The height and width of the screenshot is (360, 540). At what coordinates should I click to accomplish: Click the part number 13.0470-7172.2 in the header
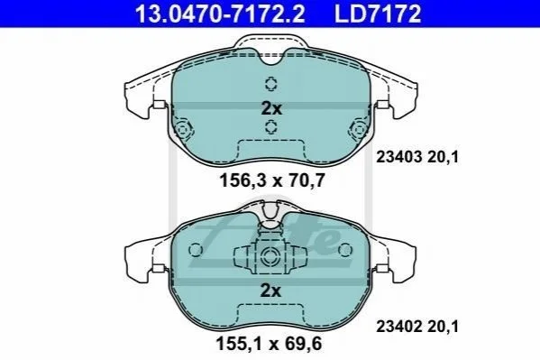point(220,14)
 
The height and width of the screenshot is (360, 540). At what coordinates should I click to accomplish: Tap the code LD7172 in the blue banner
point(378,14)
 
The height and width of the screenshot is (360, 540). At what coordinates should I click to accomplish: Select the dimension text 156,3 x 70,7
point(272,180)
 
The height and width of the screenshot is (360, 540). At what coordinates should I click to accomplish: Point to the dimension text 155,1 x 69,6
point(269,344)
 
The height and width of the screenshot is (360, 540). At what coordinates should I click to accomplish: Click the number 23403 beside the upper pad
point(399,157)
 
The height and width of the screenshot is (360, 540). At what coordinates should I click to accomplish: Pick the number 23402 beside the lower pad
point(399,327)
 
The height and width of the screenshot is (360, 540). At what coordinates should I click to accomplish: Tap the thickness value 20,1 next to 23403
point(444,158)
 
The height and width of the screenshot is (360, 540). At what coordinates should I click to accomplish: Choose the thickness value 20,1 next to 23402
point(444,327)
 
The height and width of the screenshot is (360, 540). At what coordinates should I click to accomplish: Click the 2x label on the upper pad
point(271,108)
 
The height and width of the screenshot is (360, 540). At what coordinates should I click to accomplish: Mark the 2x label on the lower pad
point(270,291)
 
